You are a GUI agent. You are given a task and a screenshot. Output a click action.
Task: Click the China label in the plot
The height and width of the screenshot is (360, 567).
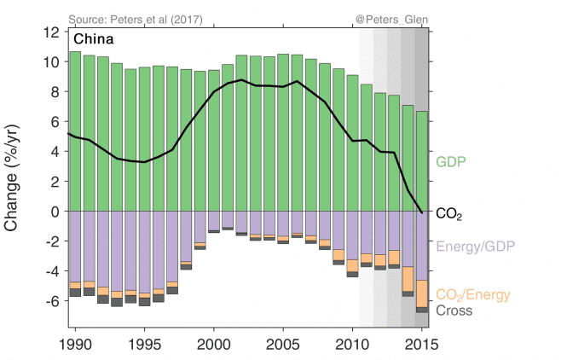pos(94,38)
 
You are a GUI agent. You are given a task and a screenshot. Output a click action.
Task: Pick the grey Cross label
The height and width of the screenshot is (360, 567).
pos(454,311)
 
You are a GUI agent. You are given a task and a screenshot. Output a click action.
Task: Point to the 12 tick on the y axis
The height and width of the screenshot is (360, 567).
pos(52,32)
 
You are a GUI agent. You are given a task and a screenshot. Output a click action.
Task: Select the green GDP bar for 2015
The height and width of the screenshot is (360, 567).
pos(421,161)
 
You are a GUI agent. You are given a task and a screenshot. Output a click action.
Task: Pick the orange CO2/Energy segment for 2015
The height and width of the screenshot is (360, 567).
pos(421,293)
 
